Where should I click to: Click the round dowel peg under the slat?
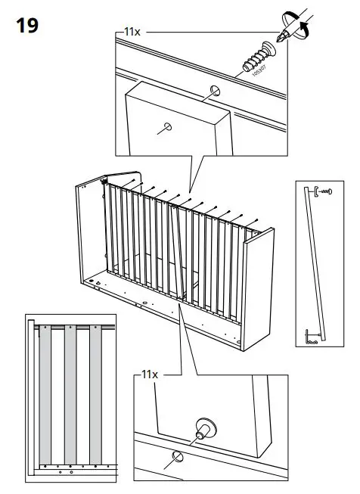(203, 427)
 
